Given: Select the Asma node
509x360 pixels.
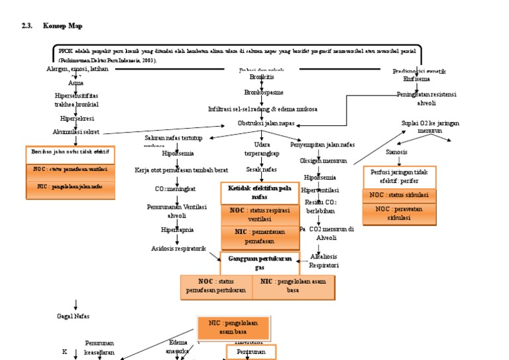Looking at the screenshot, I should (x=76, y=83).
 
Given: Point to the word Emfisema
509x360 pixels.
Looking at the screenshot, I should (x=416, y=78).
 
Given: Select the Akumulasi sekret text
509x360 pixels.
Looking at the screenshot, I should (x=76, y=131).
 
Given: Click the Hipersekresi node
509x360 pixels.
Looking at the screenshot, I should (x=76, y=119).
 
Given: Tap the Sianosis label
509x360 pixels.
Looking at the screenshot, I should (x=396, y=152).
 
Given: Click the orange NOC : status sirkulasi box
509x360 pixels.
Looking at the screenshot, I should (x=399, y=195).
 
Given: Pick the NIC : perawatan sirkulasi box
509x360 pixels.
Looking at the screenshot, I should (x=399, y=213).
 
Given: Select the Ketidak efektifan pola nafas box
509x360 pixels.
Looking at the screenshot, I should (x=260, y=192).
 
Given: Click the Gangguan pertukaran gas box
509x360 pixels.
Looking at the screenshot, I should (x=260, y=262).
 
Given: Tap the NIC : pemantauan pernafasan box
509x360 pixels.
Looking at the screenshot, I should (x=260, y=235).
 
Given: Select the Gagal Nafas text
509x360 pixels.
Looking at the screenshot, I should (x=73, y=316).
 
